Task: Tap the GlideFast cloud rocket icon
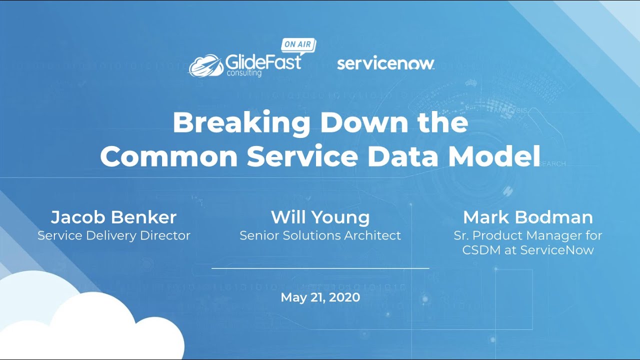[x=205, y=65]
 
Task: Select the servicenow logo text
[x=385, y=64]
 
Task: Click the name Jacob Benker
[x=113, y=217]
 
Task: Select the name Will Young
[x=320, y=217]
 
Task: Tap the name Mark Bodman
[x=527, y=217]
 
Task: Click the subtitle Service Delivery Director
[x=113, y=235]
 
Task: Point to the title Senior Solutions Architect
[x=320, y=235]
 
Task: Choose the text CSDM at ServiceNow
[x=527, y=250]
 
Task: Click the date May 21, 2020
[x=320, y=297]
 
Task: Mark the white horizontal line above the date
[x=320, y=268]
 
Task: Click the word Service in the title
[x=302, y=156]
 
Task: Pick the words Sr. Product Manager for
[x=527, y=235]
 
